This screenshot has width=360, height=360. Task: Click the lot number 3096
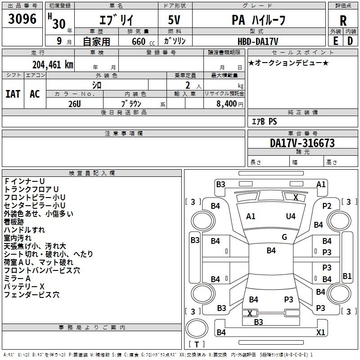click(22, 19)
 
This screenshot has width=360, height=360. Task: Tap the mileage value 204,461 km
click(53, 65)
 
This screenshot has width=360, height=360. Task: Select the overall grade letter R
click(343, 21)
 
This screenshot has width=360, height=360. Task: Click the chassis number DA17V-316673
click(302, 143)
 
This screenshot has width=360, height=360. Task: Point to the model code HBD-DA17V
click(258, 41)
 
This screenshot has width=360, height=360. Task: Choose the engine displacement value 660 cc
click(144, 41)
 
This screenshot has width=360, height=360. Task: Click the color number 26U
click(75, 104)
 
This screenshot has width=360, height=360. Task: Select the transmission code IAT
click(13, 94)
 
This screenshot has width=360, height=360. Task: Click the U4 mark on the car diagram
click(291, 216)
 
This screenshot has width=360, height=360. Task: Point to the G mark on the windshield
click(284, 237)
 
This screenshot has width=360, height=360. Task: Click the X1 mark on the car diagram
click(320, 332)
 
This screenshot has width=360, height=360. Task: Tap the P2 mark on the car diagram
click(327, 206)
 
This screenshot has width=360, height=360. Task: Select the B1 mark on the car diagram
click(347, 276)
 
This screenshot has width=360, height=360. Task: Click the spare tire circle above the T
click(197, 328)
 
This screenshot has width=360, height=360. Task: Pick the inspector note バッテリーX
click(24, 287)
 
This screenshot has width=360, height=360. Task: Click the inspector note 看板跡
click(14, 222)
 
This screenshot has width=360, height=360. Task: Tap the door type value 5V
click(174, 20)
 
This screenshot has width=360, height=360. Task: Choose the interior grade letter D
click(350, 41)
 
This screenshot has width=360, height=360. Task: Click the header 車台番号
click(303, 133)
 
